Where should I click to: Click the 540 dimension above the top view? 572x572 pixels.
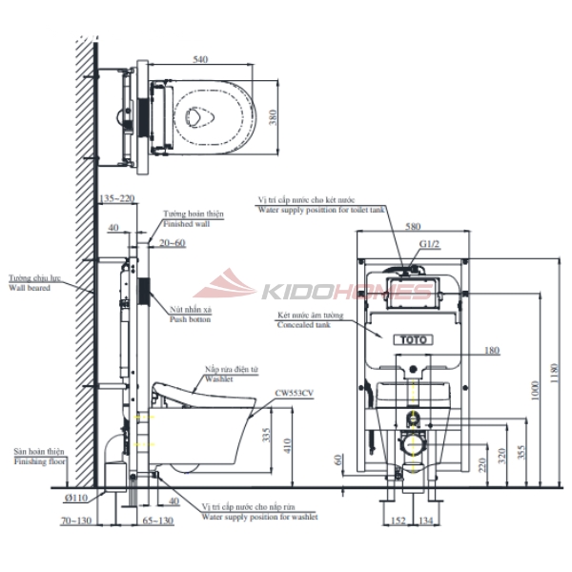coord(200,59)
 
